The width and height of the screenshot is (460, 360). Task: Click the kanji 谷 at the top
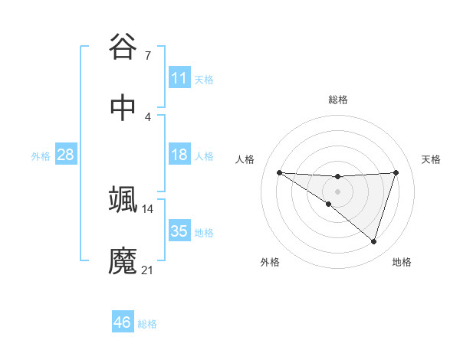click(123, 47)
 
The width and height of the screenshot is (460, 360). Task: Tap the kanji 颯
click(123, 201)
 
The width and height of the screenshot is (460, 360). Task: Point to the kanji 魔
click(123, 260)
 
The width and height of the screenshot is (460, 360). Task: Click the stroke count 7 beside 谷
click(147, 55)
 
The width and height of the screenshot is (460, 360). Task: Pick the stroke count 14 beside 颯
click(148, 208)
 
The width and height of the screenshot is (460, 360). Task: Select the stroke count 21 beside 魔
click(148, 270)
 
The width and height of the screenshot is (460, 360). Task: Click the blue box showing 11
click(179, 78)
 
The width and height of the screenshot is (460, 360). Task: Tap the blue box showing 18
click(179, 155)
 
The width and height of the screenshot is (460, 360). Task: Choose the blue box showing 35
click(179, 231)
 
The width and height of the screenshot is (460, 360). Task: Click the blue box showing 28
click(66, 155)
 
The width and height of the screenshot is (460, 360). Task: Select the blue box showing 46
click(123, 322)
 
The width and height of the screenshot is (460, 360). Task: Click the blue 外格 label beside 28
click(41, 156)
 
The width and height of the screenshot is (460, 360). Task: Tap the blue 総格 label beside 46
click(147, 324)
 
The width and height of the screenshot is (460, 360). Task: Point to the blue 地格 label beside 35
click(204, 233)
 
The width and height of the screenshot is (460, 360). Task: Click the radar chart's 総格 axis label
click(337, 100)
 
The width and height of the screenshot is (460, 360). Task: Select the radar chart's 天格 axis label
click(431, 159)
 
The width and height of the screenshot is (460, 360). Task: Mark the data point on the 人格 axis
click(279, 172)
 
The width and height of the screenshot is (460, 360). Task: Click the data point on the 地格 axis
click(373, 241)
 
